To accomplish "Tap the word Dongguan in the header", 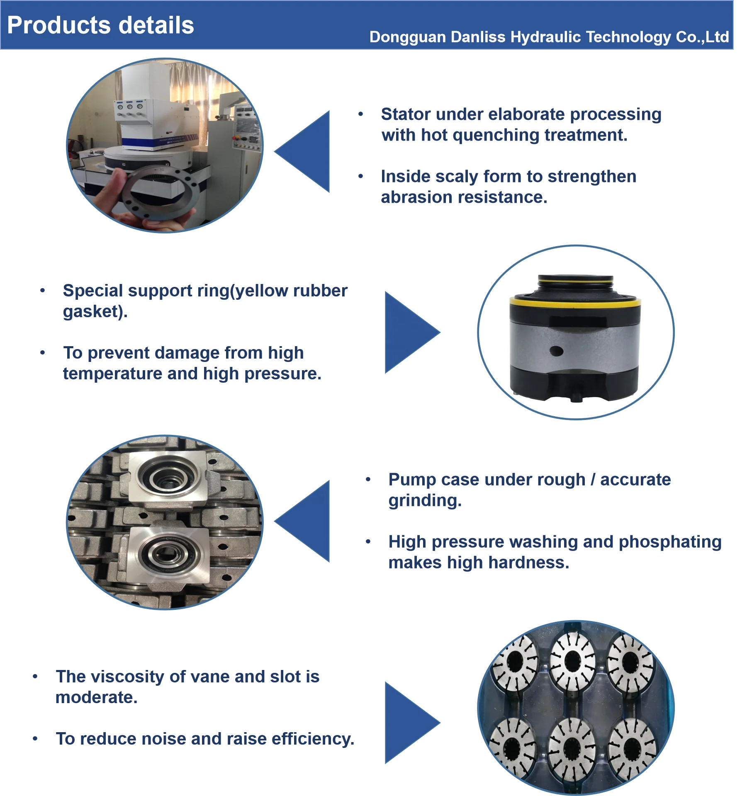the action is coord(407,37).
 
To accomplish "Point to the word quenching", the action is coord(495,136).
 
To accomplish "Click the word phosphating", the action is coord(670,542).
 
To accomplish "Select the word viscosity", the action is coord(127,677).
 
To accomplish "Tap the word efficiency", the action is coord(313,739).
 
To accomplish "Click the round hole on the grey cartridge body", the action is coord(556,351).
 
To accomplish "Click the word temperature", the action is coord(112,374).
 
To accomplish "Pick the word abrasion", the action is coord(417,198).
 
